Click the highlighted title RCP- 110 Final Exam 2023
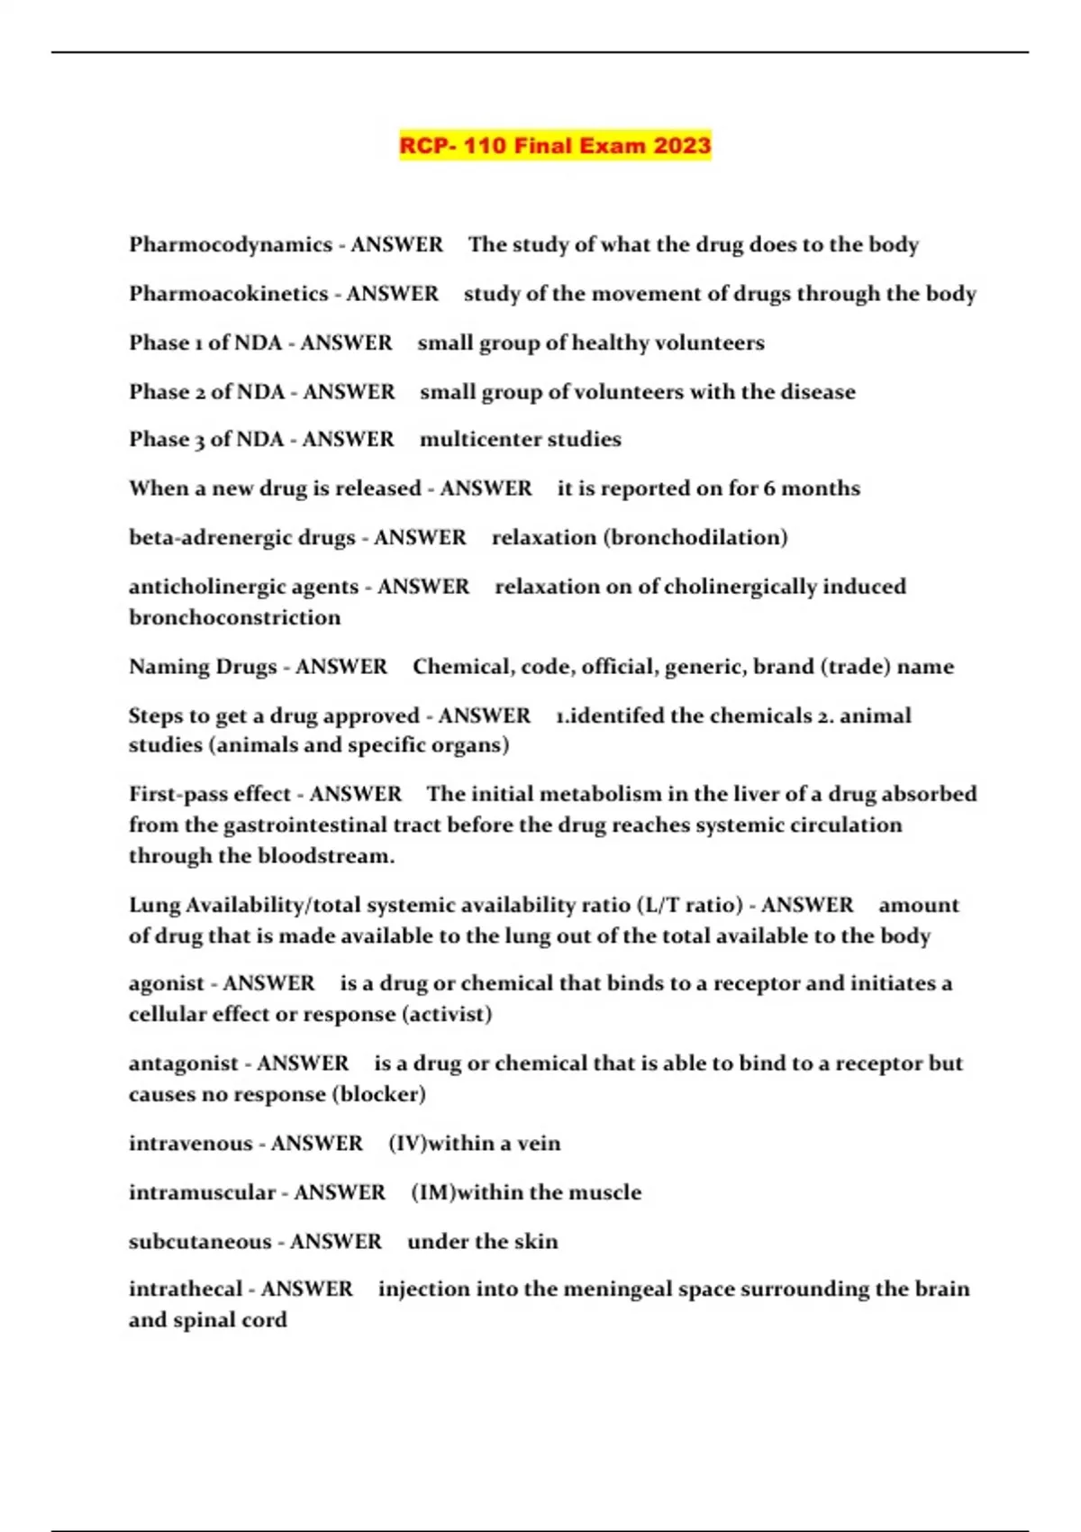555,145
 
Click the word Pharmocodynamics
231,244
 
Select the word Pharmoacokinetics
229,294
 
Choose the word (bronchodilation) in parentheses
696,537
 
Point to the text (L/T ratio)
689,905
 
